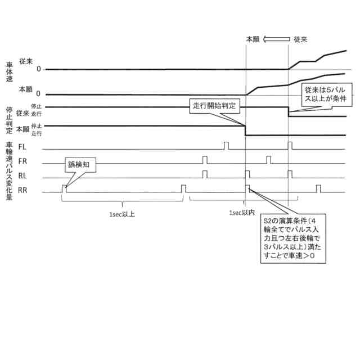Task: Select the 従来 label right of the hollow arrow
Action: click(x=300, y=39)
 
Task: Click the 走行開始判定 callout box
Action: click(x=213, y=106)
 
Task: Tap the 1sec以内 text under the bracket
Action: click(x=243, y=214)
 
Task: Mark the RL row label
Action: click(x=23, y=175)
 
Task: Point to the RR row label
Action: click(x=23, y=190)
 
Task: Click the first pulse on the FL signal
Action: click(x=226, y=146)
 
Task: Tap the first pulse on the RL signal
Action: click(x=205, y=174)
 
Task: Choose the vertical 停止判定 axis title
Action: click(x=9, y=119)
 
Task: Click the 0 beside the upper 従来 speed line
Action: click(x=39, y=69)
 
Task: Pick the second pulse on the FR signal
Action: click(x=268, y=160)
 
